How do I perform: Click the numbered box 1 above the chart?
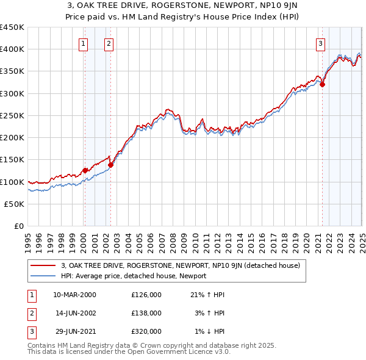click(x=82, y=43)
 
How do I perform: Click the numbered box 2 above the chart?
click(x=108, y=43)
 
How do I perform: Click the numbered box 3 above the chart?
click(x=320, y=43)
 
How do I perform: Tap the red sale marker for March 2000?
click(x=85, y=170)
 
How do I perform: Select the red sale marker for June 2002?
click(x=110, y=165)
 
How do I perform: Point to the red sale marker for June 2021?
click(x=322, y=84)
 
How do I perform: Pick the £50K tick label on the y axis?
click(x=15, y=204)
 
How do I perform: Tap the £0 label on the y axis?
click(x=19, y=226)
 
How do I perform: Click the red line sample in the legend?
click(x=43, y=266)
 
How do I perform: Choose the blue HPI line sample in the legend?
click(x=43, y=276)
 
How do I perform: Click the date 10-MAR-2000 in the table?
click(x=74, y=295)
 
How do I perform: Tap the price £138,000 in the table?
click(x=146, y=313)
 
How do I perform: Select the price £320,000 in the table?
click(x=146, y=331)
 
